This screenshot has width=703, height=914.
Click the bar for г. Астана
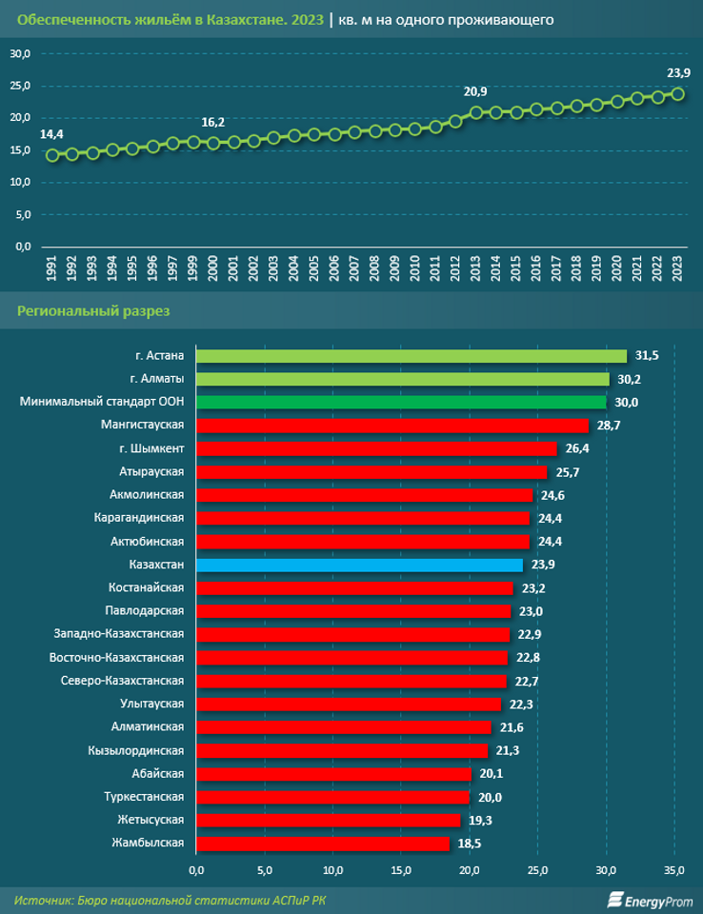point(412,356)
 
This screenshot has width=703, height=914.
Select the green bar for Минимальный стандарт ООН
point(401,402)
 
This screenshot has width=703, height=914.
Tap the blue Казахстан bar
point(359,565)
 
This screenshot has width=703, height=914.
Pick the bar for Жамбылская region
point(322,843)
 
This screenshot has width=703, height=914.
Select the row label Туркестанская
point(144,796)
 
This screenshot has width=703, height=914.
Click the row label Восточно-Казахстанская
point(116,657)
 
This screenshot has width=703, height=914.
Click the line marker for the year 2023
point(678,93)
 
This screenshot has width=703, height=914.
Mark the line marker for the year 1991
point(51,155)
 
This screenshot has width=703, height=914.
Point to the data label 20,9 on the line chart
point(475,91)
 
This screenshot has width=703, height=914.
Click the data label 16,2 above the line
point(213,123)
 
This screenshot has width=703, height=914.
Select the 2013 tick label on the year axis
point(475,268)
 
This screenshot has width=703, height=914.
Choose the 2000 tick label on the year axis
point(213,268)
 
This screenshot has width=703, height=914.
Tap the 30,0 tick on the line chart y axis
point(20,54)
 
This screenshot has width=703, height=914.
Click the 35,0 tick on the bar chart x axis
point(674,870)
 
